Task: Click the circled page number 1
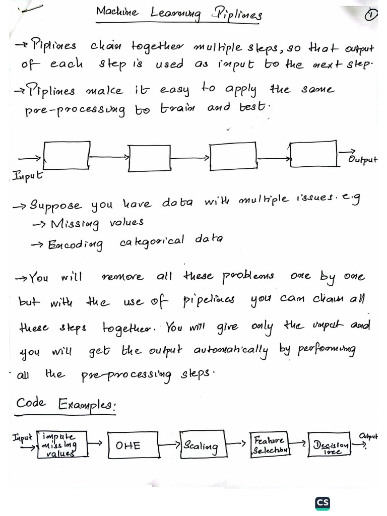pyautogui.click(x=371, y=15)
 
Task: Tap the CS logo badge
pyautogui.click(x=322, y=503)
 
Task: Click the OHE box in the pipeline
pyautogui.click(x=128, y=445)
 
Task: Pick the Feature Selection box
pyautogui.click(x=270, y=444)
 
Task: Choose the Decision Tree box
pyautogui.click(x=330, y=445)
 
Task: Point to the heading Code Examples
pyautogui.click(x=65, y=405)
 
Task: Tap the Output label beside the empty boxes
pyautogui.click(x=363, y=159)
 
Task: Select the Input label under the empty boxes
pyautogui.click(x=27, y=176)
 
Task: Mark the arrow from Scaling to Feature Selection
pyautogui.click(x=236, y=444)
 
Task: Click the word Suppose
pyautogui.click(x=55, y=205)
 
